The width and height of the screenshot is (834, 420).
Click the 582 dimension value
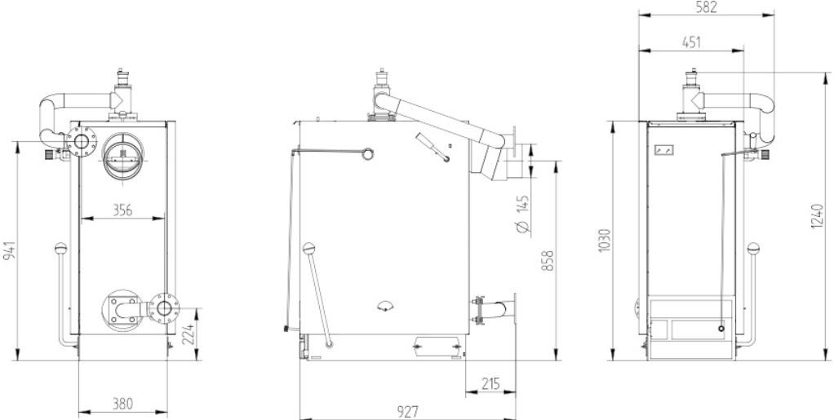(707, 7)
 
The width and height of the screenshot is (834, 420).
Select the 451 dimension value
(691, 42)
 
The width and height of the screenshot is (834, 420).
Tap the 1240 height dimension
(818, 216)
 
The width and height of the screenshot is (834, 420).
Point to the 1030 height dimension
(605, 241)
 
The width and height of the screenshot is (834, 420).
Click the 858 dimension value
(548, 260)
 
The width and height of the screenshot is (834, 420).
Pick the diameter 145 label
(523, 214)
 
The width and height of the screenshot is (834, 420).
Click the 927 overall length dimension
(407, 412)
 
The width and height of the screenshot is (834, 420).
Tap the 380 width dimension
(122, 404)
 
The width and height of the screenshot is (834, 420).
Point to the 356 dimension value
(122, 210)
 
